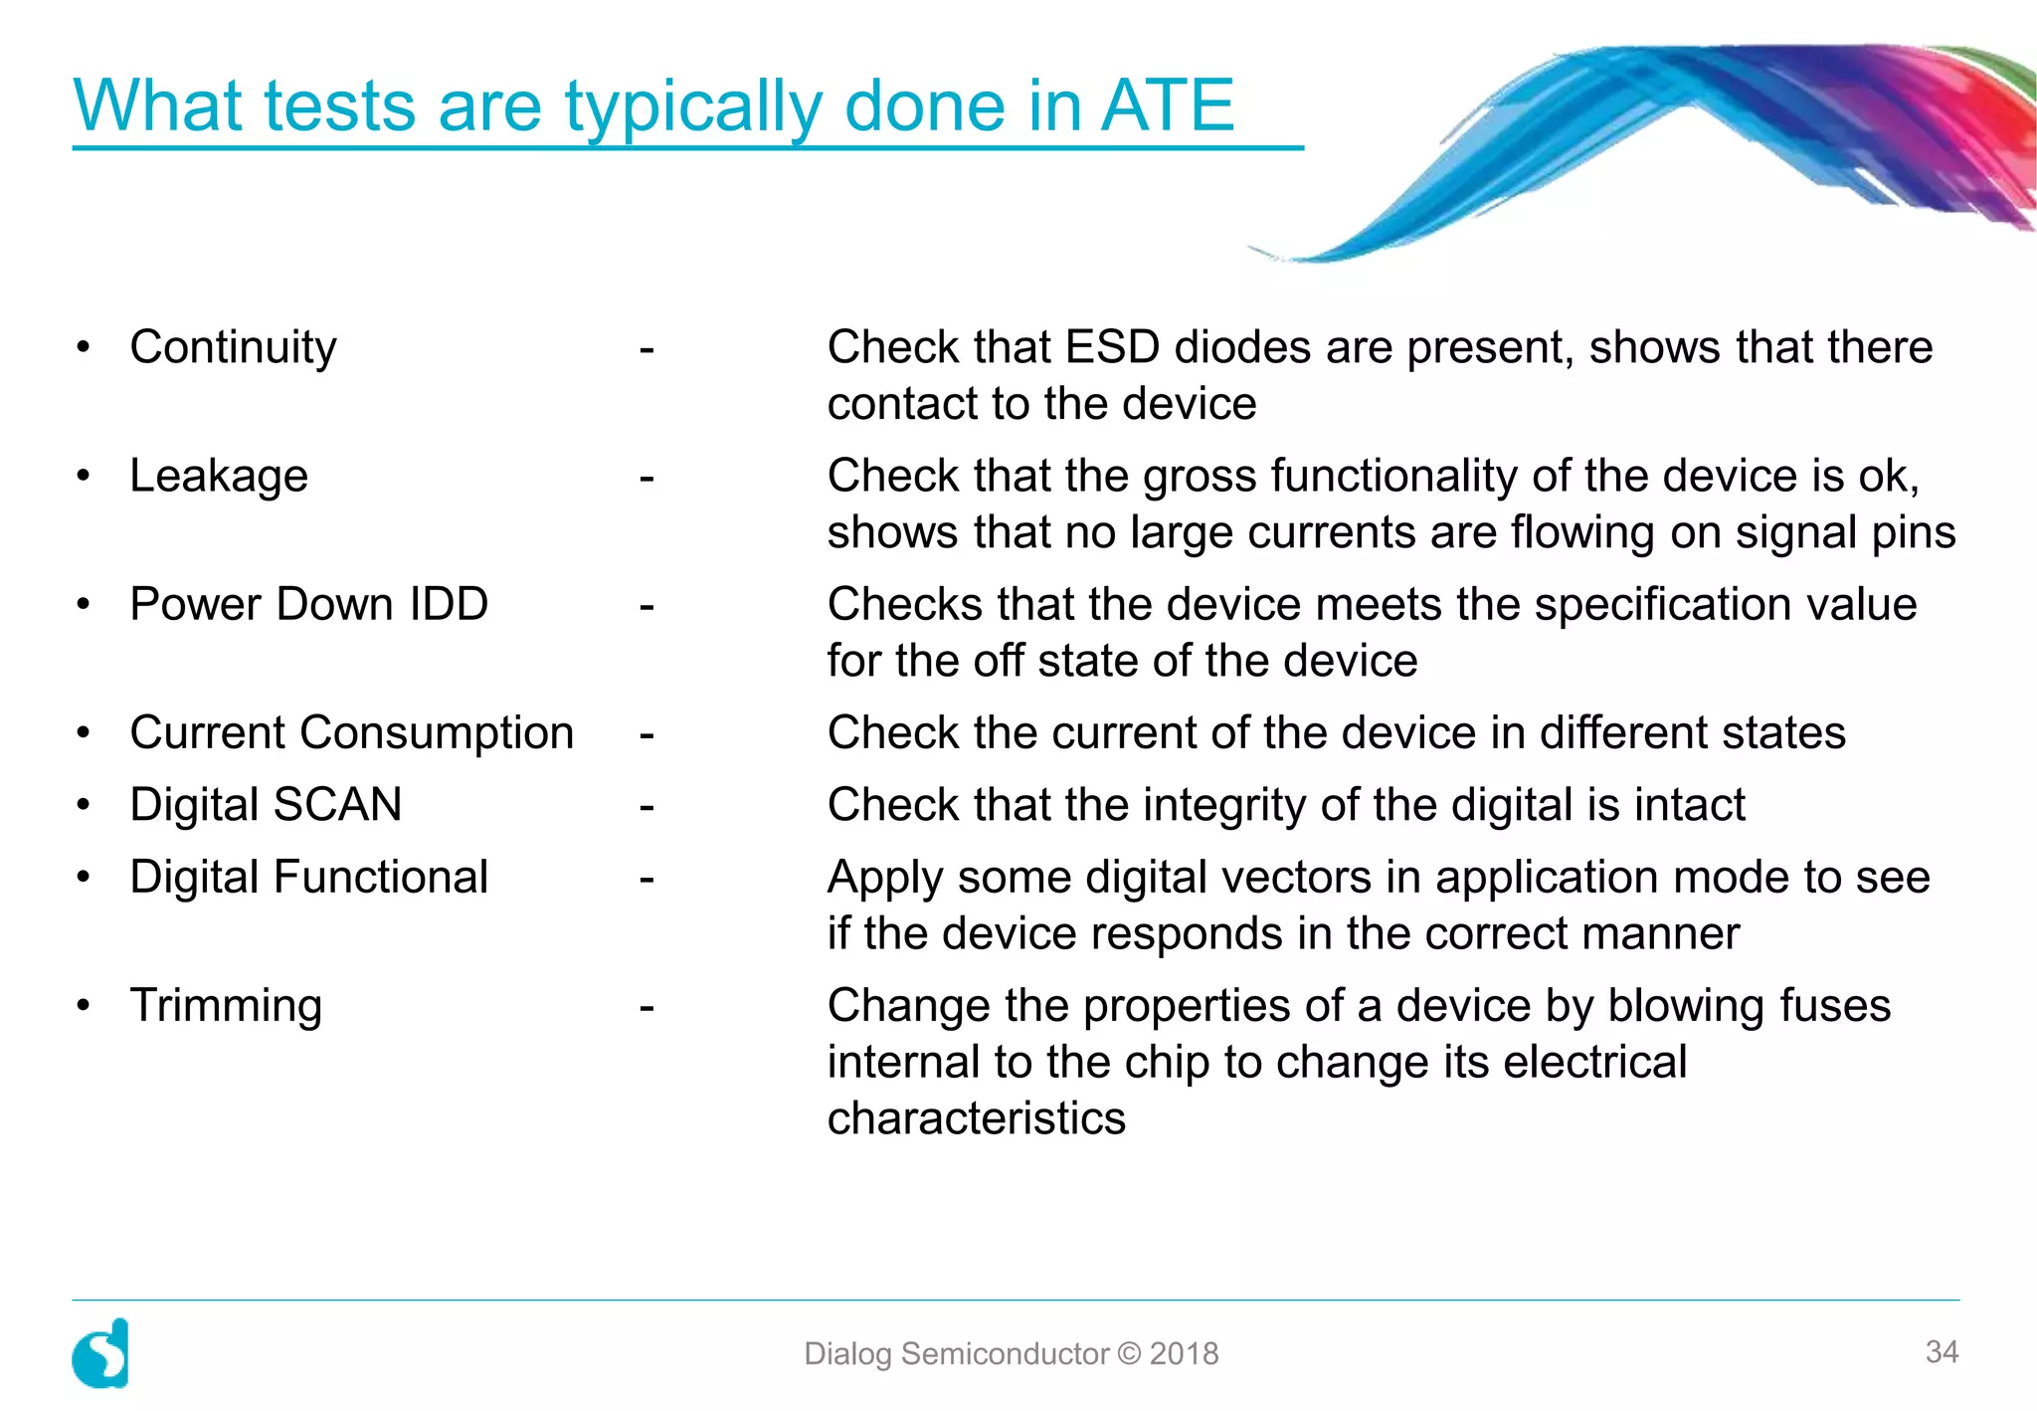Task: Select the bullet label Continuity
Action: pyautogui.click(x=233, y=348)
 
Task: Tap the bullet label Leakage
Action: pyautogui.click(x=219, y=477)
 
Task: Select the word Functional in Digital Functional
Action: pyautogui.click(x=381, y=878)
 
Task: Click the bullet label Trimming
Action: pyautogui.click(x=226, y=1006)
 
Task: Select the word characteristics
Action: pyautogui.click(x=976, y=1118)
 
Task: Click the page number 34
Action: pyautogui.click(x=1942, y=1351)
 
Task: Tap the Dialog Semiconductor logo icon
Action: pyautogui.click(x=101, y=1353)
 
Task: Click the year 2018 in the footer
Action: pyautogui.click(x=1184, y=1353)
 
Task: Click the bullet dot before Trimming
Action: pyautogui.click(x=84, y=1005)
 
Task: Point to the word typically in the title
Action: pyautogui.click(x=692, y=107)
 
